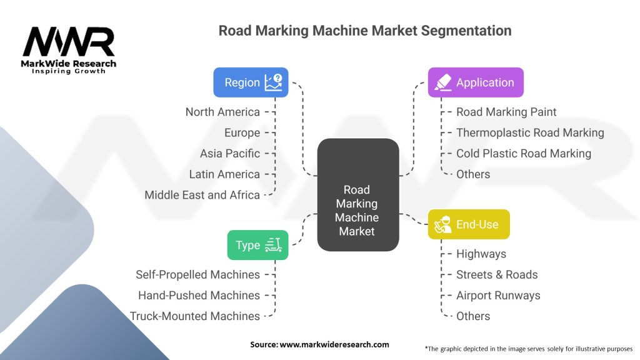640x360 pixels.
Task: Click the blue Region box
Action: pos(251,82)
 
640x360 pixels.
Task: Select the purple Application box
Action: pos(475,82)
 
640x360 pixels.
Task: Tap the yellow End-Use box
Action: pos(469,224)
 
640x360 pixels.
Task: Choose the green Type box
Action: pos(257,245)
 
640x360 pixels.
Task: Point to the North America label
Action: pos(222,112)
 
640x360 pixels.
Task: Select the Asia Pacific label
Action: pos(229,153)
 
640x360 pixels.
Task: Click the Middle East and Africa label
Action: pos(202,194)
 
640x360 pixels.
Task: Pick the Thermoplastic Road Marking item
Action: pos(530,132)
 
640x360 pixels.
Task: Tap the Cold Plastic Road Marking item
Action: pos(523,153)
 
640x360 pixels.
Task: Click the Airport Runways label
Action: pos(498,295)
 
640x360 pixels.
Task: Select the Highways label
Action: pos(481,254)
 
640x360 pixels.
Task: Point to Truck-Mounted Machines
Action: pos(195,316)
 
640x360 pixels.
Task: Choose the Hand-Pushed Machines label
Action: pos(199,295)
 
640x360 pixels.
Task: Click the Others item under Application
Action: pos(473,174)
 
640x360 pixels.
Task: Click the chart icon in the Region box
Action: pos(273,82)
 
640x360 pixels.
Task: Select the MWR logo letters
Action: pos(69,42)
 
